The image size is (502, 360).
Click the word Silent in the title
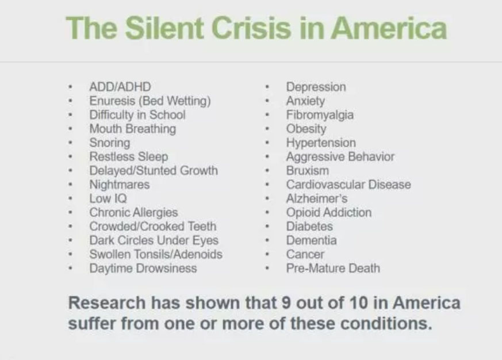(164, 28)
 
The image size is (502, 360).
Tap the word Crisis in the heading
(251, 28)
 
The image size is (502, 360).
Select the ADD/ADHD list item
(120, 87)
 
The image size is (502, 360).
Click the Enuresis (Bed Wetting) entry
(150, 101)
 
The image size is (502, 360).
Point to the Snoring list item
(110, 143)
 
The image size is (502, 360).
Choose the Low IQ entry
(108, 198)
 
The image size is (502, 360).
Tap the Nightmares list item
(120, 185)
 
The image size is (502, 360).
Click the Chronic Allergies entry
(133, 212)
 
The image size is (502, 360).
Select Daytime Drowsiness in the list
(143, 269)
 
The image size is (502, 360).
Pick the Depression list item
(316, 87)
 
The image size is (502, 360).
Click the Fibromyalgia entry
(320, 115)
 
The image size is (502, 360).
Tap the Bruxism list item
(307, 171)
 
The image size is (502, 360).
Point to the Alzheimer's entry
(317, 198)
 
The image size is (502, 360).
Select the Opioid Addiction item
(329, 213)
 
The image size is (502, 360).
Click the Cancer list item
(305, 254)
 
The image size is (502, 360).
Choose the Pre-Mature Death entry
(333, 269)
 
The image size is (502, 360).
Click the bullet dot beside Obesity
(266, 129)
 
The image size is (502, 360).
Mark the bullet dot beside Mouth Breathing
(70, 129)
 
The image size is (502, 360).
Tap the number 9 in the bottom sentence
(286, 302)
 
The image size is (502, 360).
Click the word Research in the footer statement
(107, 302)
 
